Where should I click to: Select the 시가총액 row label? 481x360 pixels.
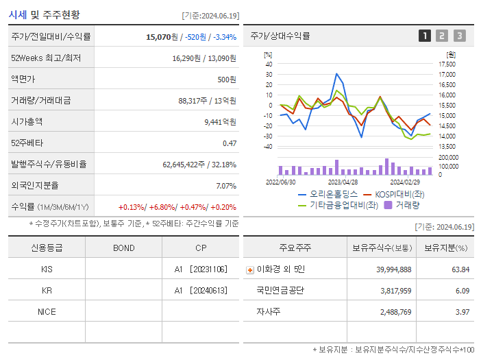27,121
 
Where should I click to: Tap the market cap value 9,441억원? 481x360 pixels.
220,121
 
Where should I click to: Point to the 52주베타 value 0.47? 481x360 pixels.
229,143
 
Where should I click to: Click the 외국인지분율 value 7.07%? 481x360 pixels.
226,185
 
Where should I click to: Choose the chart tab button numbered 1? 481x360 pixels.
425,36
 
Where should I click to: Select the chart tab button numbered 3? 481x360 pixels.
459,36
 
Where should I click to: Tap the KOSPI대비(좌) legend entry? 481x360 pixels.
398,194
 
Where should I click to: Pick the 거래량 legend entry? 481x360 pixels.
404,204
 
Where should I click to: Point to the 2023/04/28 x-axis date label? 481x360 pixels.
343,182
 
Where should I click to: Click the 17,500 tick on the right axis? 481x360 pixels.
446,64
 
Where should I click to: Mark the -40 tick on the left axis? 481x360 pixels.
268,146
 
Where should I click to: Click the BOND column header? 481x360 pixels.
123,248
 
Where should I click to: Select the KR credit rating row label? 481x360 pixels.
47,290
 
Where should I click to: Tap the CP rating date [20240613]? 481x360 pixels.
209,290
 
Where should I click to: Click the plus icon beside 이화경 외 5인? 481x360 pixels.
250,269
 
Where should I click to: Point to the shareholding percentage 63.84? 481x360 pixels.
460,269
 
